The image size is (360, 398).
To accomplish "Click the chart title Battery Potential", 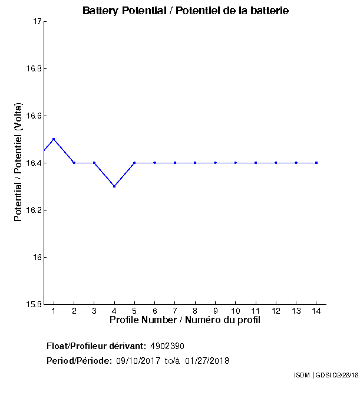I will [186, 11].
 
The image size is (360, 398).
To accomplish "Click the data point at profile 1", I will [54, 139].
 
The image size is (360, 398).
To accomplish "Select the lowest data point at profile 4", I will [114, 186].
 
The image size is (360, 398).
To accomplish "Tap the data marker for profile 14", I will [316, 163].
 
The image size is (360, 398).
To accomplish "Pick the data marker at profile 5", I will [134, 163].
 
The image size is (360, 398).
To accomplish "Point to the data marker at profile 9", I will [215, 163].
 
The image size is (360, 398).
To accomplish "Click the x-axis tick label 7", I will [175, 311].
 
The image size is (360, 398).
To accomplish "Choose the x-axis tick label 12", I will [276, 311].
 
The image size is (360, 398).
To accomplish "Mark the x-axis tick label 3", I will [94, 311].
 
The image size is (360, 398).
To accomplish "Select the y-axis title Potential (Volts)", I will [18, 163].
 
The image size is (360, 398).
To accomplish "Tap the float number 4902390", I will [171, 346].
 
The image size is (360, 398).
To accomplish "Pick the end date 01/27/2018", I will [207, 361].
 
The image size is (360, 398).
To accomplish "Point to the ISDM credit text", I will [302, 375].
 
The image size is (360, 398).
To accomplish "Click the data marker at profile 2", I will [74, 163].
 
